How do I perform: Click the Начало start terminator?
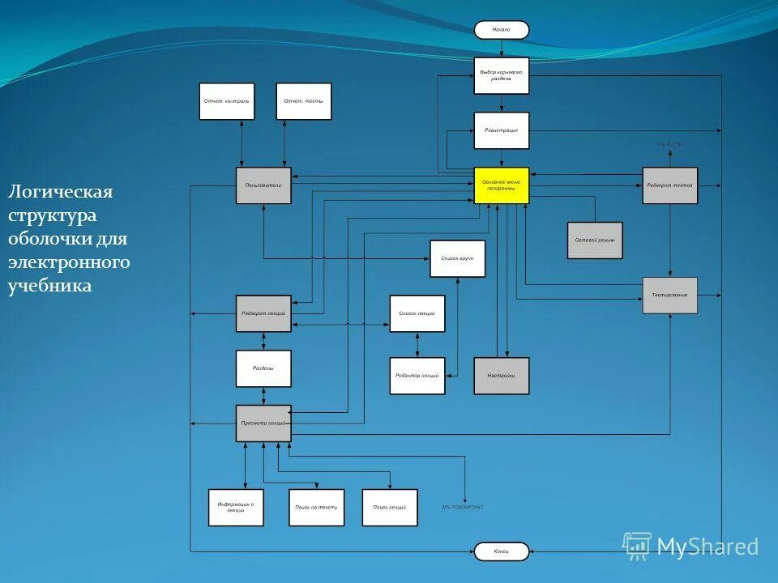(502, 30)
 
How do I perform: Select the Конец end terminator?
(502, 551)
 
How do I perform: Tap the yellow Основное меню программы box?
(502, 185)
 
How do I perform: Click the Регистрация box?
(502, 130)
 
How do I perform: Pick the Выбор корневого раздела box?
(502, 75)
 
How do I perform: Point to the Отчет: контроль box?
(227, 101)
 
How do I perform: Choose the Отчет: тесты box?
(304, 101)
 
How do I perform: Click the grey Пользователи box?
(263, 185)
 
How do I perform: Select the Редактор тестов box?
(670, 185)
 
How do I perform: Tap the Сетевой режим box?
(595, 240)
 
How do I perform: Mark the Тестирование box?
(670, 295)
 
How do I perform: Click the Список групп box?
(458, 258)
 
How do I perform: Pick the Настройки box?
(502, 376)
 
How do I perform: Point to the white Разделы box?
(263, 368)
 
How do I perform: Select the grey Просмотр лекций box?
(263, 423)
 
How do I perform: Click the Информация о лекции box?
(236, 508)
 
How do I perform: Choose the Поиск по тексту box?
(317, 508)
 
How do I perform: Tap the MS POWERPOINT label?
(463, 507)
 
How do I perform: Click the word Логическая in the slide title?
(61, 193)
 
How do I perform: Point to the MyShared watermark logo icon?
(637, 546)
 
